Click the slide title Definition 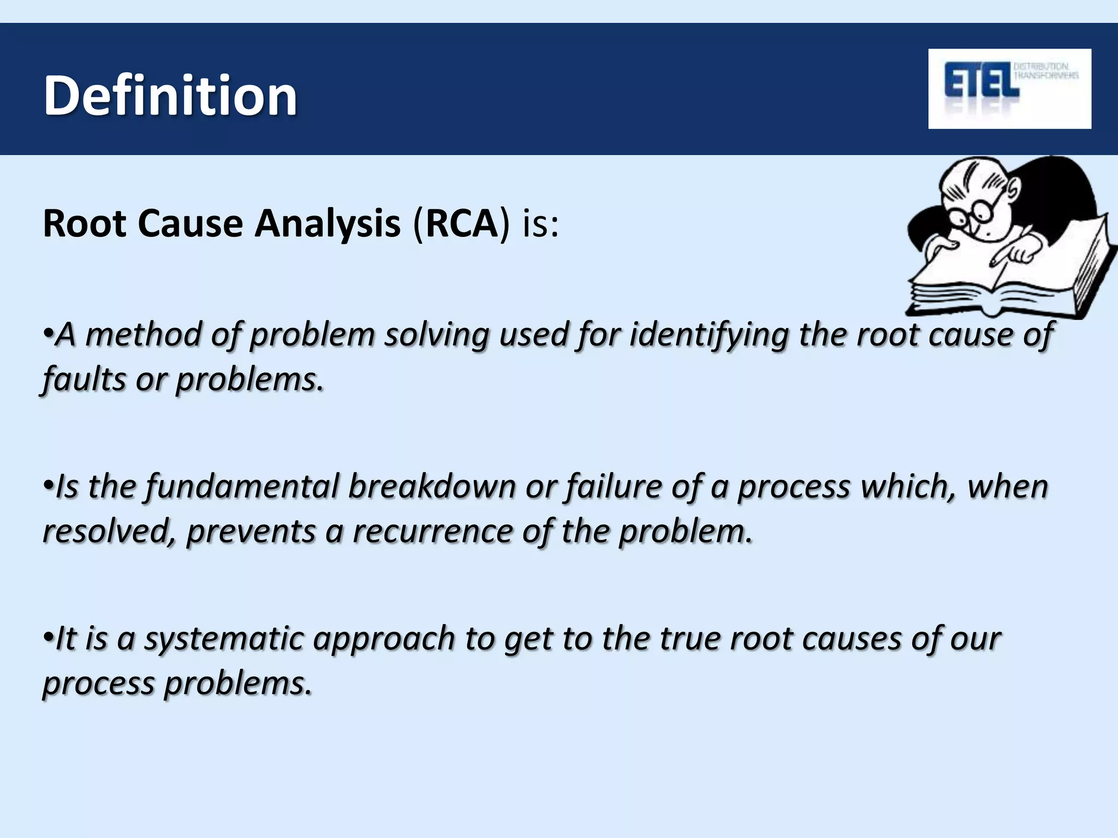click(x=170, y=96)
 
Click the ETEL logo click(x=1009, y=88)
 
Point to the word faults click(x=85, y=379)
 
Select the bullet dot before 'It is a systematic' click(x=48, y=636)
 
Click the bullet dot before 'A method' click(x=48, y=332)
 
